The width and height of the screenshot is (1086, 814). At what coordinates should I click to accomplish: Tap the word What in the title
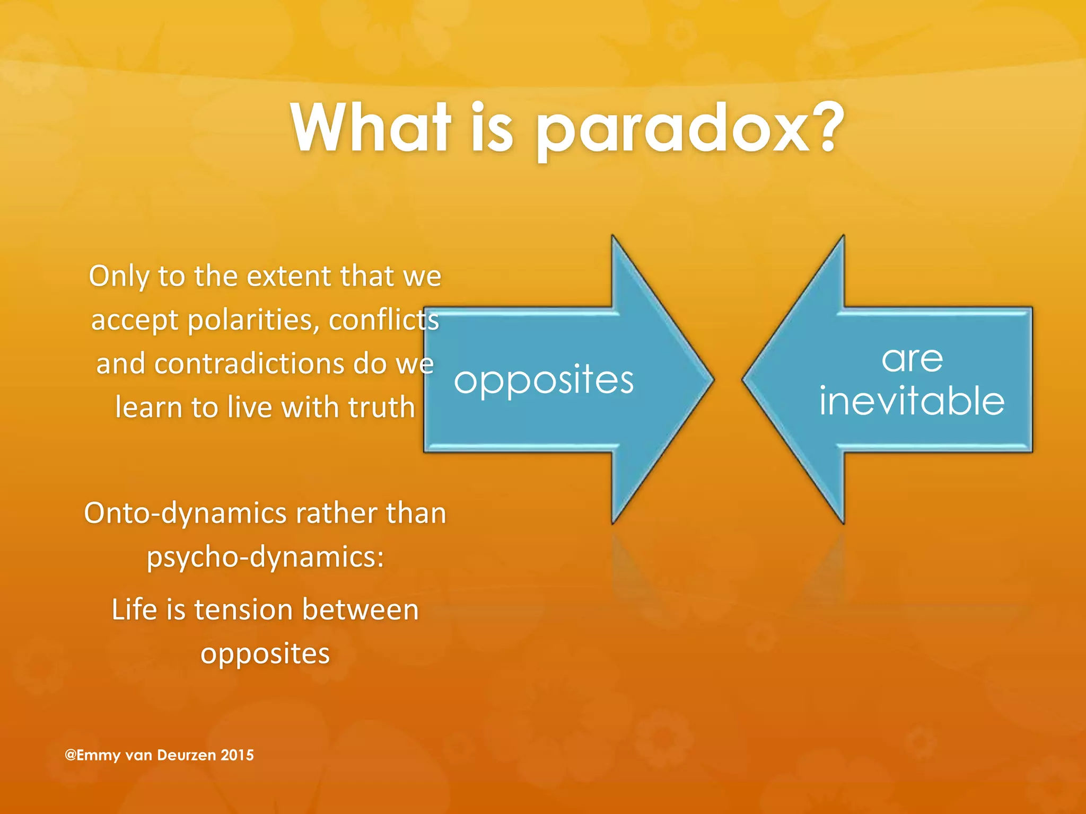(371, 127)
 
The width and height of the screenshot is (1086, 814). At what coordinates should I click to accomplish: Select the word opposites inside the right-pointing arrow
(544, 381)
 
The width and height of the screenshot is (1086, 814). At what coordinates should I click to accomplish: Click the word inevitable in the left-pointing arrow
(912, 401)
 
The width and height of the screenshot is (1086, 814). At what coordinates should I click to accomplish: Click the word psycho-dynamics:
(265, 558)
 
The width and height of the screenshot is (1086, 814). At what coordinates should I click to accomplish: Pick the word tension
(243, 610)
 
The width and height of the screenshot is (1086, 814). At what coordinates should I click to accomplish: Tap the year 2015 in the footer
(237, 755)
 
